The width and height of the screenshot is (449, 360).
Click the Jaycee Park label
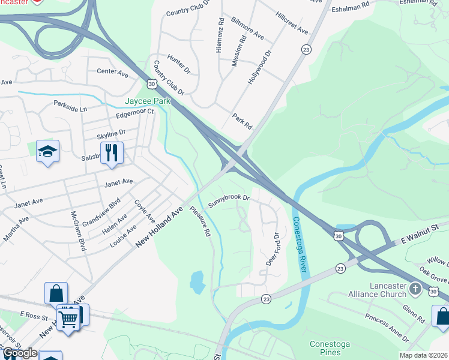click(x=147, y=101)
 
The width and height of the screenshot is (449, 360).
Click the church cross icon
click(x=415, y=290)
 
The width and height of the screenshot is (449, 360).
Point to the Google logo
click(x=19, y=353)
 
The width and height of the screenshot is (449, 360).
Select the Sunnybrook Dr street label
click(x=229, y=201)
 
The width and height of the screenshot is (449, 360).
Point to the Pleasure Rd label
click(x=200, y=221)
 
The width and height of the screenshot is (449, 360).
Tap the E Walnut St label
click(x=420, y=233)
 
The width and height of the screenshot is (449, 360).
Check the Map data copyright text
click(x=423, y=355)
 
